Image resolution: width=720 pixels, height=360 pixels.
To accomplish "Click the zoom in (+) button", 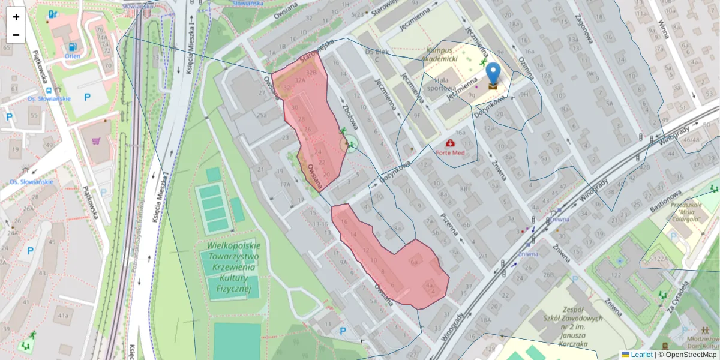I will tap(16, 17).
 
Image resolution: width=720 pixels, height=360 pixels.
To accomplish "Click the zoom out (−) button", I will tap(16, 35).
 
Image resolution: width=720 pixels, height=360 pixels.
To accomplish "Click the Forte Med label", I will tap(451, 152).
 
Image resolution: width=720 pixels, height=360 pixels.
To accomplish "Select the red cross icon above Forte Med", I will tap(450, 143).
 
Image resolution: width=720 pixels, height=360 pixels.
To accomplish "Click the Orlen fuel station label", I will tap(73, 56).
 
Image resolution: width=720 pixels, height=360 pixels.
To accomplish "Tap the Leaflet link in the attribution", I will tap(641, 355).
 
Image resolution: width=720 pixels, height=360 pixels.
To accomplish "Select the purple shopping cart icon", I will tap(96, 142).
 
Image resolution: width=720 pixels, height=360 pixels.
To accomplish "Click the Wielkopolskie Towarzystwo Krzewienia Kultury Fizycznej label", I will tap(234, 268).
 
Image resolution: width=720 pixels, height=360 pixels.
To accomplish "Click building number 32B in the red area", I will tap(311, 73).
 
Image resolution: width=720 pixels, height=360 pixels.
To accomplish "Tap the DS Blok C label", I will tap(377, 55).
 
